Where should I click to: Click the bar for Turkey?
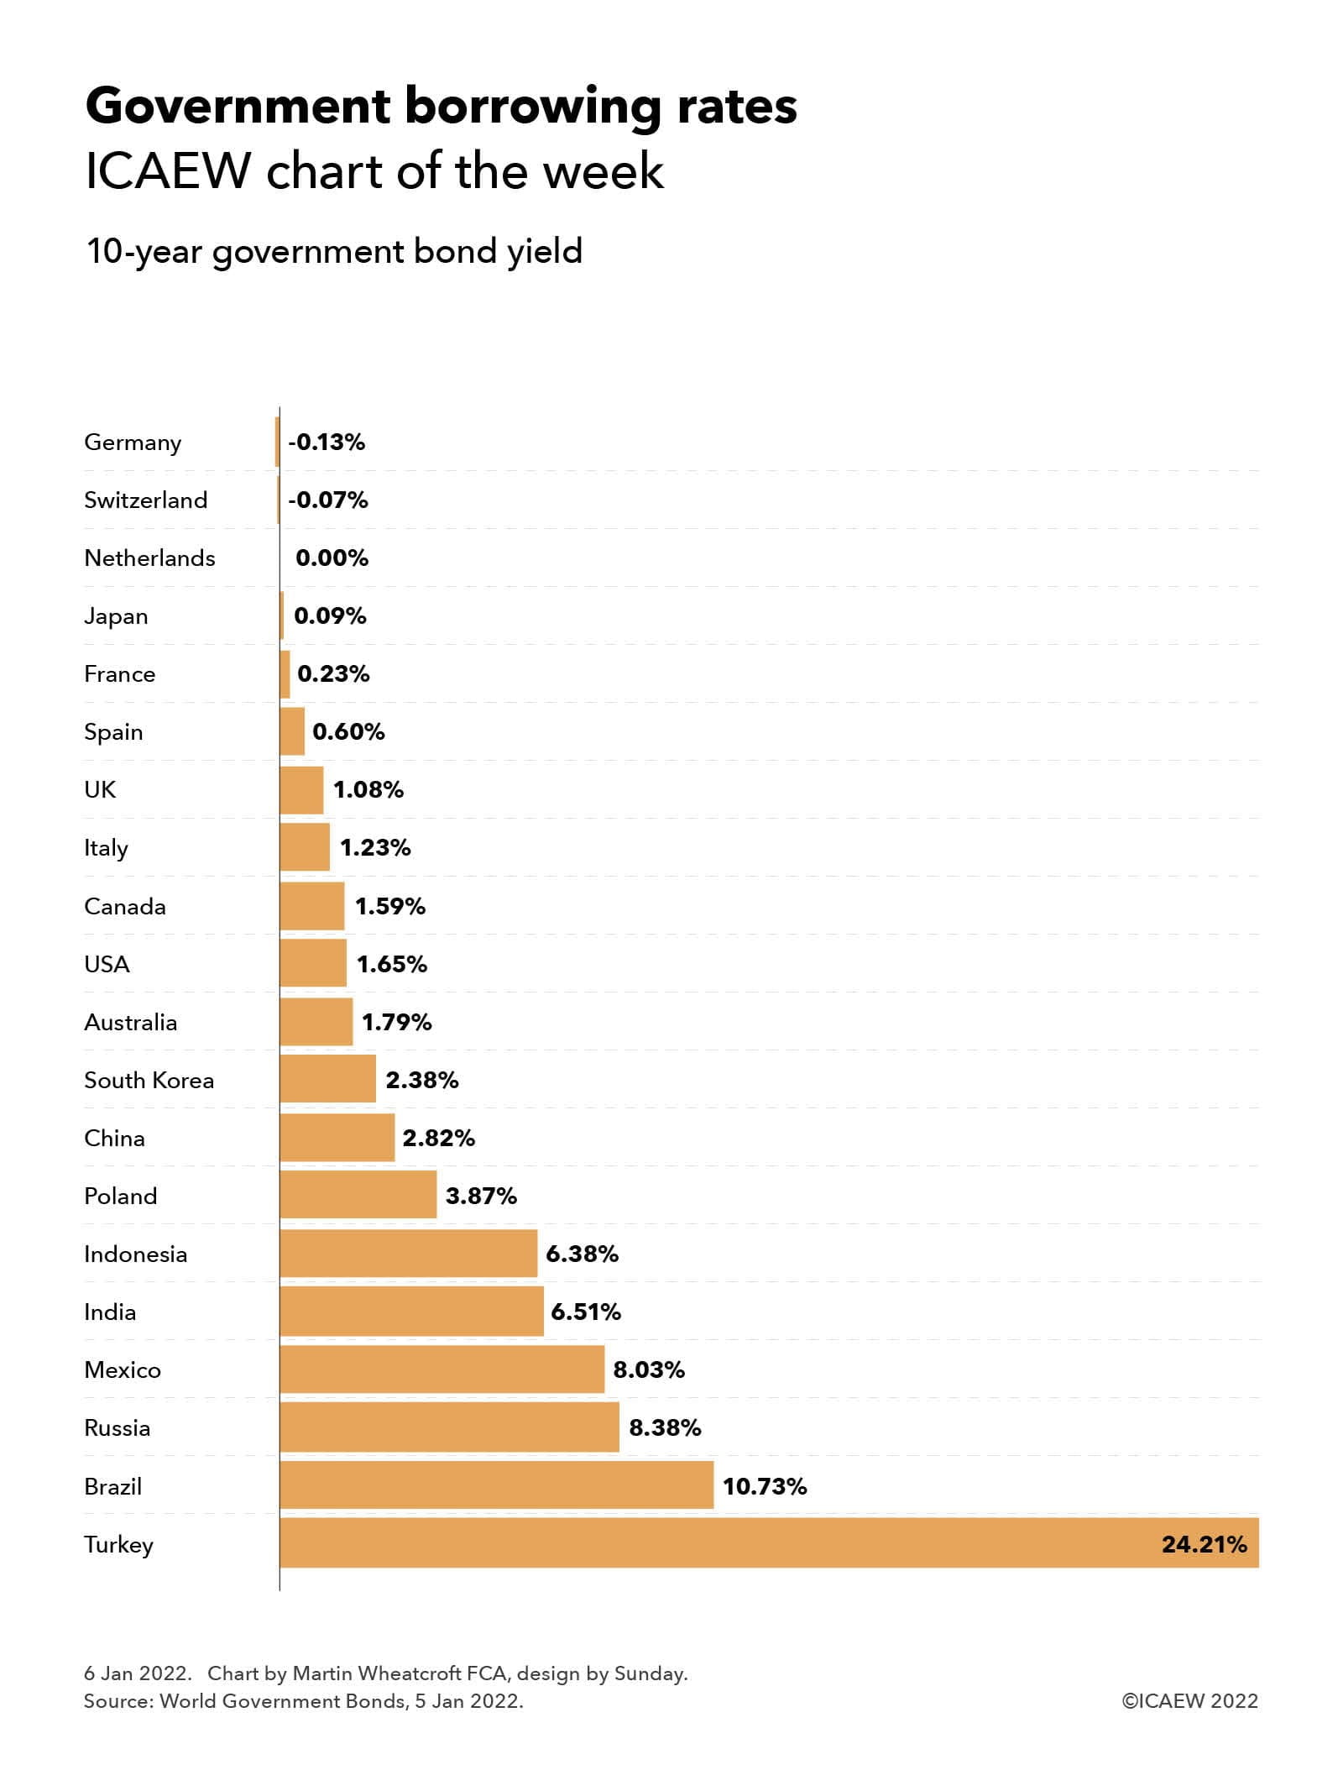point(769,1543)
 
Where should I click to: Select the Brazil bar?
point(496,1485)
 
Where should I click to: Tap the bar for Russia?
point(449,1427)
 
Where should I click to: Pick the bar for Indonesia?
point(408,1254)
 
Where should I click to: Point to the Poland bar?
point(358,1196)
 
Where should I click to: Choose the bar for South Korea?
point(327,1080)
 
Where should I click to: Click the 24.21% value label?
point(1204,1544)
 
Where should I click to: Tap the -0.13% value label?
point(327,443)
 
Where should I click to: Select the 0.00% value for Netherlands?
point(332,558)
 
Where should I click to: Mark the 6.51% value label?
point(586,1312)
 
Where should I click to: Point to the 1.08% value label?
point(368,790)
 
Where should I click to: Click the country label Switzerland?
point(145,500)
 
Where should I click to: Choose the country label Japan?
point(116,616)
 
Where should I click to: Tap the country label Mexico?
point(123,1370)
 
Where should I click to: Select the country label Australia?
point(131,1023)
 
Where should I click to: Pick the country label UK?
point(100,790)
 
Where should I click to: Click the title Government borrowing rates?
point(442,107)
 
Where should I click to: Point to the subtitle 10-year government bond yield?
point(334,251)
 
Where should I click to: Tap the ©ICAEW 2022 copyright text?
point(1189,1701)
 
